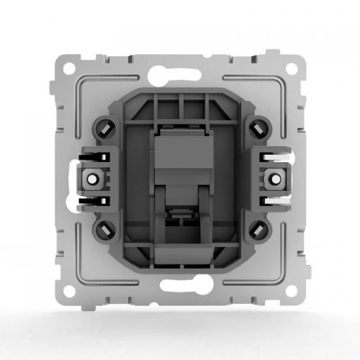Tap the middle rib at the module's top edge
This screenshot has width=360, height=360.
(180, 102)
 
